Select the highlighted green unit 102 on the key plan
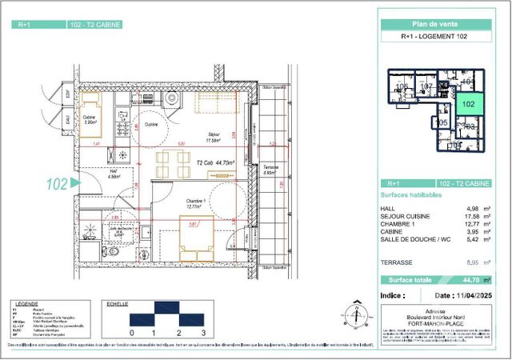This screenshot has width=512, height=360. point(468,103)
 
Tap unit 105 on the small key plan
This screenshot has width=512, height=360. point(442,123)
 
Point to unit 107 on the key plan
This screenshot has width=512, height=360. point(427,86)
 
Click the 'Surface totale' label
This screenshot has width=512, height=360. point(411,280)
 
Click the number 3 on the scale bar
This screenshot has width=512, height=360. point(205,332)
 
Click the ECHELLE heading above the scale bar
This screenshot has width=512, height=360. point(118,304)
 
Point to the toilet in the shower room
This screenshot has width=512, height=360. point(114,252)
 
